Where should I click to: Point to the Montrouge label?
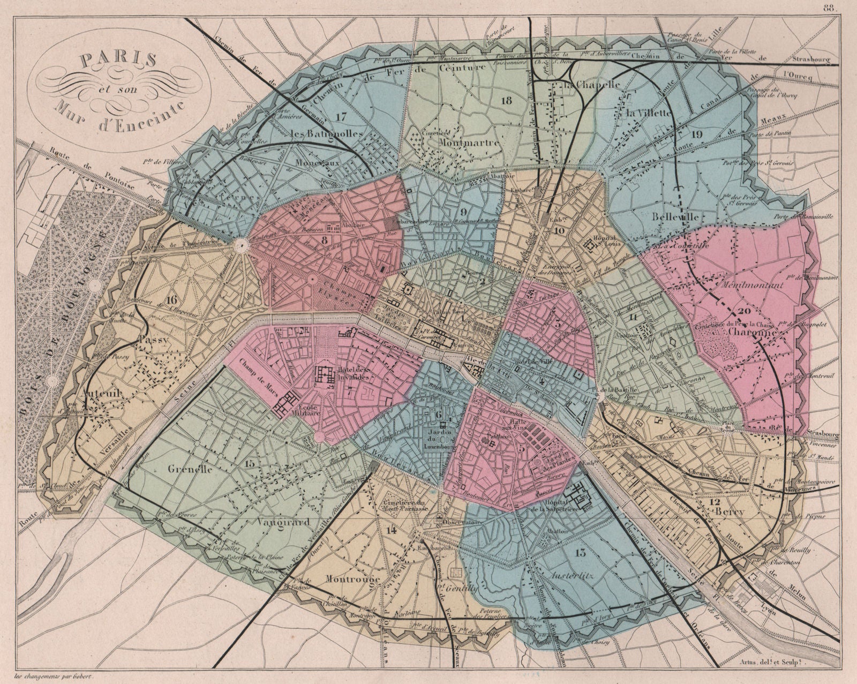[x=352, y=580]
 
